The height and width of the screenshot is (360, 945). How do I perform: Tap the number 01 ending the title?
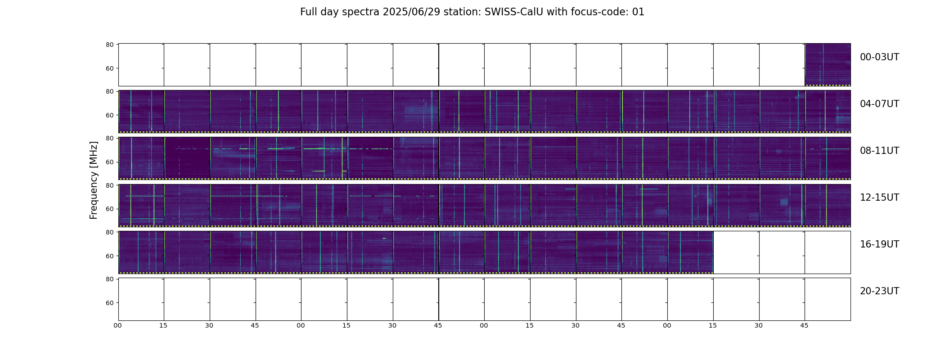[x=638, y=12]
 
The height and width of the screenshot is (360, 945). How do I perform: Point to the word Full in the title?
[x=309, y=12]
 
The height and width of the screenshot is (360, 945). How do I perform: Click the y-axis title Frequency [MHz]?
[x=94, y=180]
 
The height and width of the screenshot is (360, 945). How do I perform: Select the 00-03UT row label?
[x=879, y=57]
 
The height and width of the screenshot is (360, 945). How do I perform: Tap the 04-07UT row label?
[x=879, y=104]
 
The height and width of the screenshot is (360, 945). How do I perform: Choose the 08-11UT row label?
[x=879, y=151]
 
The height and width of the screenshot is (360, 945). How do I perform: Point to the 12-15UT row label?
[x=879, y=198]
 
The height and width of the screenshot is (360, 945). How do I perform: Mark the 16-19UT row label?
[x=879, y=244]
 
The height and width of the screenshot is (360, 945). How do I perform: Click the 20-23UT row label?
[x=879, y=291]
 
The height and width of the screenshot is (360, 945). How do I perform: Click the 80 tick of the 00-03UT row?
[x=109, y=45]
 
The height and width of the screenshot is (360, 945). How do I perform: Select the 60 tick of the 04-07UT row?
[x=109, y=115]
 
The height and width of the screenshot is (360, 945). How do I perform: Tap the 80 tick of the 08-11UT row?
[x=109, y=138]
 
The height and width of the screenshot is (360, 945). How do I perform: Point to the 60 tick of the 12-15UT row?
[x=109, y=209]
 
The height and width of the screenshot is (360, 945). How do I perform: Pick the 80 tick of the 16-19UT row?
[x=109, y=232]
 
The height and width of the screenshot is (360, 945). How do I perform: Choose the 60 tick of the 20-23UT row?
[x=109, y=303]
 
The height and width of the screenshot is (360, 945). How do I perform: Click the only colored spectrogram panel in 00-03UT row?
[x=828, y=65]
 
